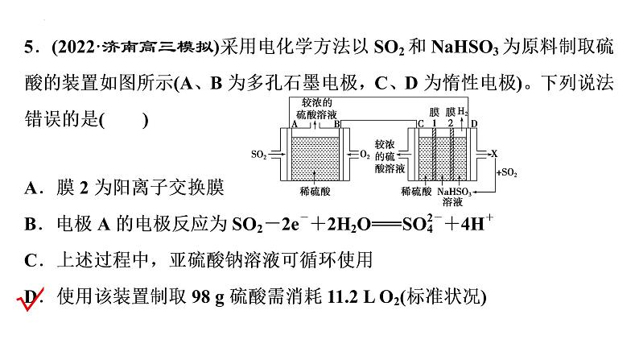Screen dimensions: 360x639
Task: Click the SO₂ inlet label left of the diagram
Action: pos(258,153)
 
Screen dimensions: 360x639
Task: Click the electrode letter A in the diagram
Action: pos(295,124)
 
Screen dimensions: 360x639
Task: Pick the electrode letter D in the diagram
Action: pos(474,124)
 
